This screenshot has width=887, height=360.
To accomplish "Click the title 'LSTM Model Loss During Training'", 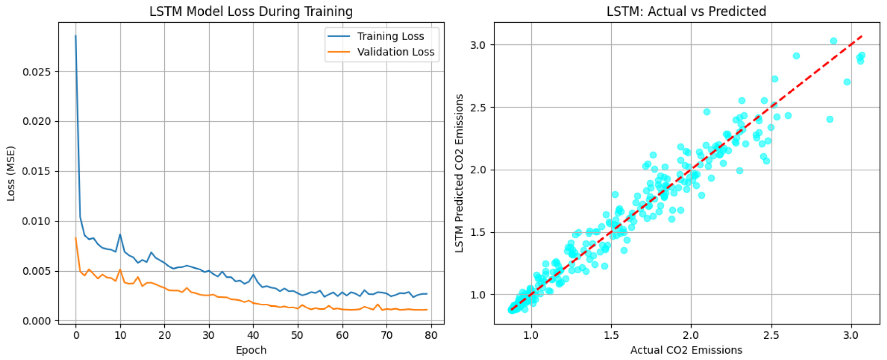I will pos(251,11).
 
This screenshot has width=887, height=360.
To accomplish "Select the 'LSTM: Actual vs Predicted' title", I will pos(686,11).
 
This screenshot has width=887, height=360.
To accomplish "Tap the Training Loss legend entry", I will pos(390,36).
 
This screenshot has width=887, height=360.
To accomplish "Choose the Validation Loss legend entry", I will pos(395,52).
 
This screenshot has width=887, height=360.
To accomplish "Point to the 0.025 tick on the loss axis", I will pos(37,72).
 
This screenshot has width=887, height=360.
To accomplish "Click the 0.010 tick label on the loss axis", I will pos(37,221).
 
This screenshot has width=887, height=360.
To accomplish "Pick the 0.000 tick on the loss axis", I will pos(37,321).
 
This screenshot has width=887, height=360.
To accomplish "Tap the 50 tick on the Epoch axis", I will pos(297,335).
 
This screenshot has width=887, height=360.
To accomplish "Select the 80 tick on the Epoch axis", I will pos(431,335).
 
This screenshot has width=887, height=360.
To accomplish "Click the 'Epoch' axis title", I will pos(251,350).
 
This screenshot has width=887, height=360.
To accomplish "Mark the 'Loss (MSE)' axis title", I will pos(11,173).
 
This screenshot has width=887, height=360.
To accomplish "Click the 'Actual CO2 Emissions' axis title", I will pos(686,350).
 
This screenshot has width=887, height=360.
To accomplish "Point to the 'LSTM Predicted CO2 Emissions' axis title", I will pos(459,173).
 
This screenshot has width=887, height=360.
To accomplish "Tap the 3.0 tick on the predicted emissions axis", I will pos(478,45).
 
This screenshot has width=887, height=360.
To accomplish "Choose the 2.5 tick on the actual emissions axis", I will pos(771,335).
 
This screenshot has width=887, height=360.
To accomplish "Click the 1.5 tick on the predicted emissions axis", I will pos(478,232).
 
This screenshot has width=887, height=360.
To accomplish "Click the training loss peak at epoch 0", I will pos(75,36).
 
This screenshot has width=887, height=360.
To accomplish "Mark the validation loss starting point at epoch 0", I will pos(75,238).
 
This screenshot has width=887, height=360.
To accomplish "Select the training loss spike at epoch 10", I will pos(120,234).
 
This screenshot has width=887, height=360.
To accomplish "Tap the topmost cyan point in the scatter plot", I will pos(833,41).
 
